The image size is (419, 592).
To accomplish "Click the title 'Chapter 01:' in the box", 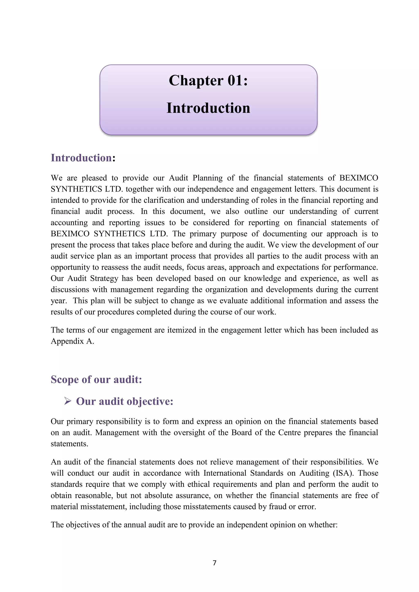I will [208, 81].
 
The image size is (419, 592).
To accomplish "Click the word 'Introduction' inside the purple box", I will [208, 108].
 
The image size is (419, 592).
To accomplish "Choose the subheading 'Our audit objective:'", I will [125, 401].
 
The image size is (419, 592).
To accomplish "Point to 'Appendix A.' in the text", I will [72, 341].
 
